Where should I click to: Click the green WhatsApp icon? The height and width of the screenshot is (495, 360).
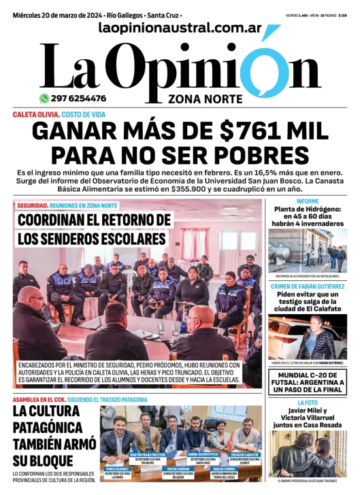44,98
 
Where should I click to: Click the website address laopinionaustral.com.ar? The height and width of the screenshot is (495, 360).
180,28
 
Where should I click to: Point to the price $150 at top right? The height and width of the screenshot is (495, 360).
343,15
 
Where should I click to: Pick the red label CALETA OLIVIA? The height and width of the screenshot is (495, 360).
35,114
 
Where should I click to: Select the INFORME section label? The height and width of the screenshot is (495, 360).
308,201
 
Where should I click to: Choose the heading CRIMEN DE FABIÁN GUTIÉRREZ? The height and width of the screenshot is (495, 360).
308,286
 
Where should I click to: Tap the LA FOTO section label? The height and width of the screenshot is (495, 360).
308,403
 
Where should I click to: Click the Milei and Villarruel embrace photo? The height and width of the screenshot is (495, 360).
308,454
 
